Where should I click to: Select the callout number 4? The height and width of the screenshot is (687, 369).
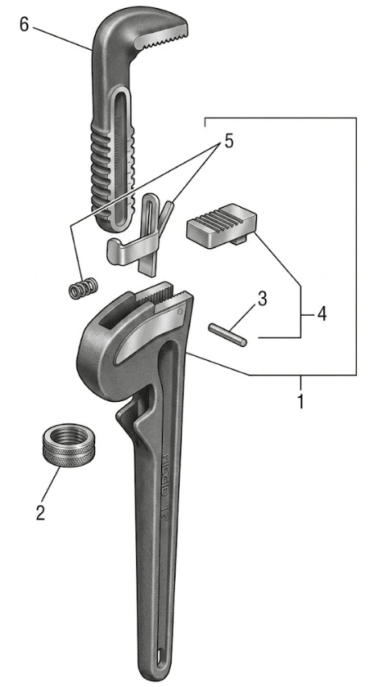point(321,313)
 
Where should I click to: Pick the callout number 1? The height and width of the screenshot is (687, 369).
point(301,400)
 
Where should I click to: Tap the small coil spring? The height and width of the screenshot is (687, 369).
point(81,288)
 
